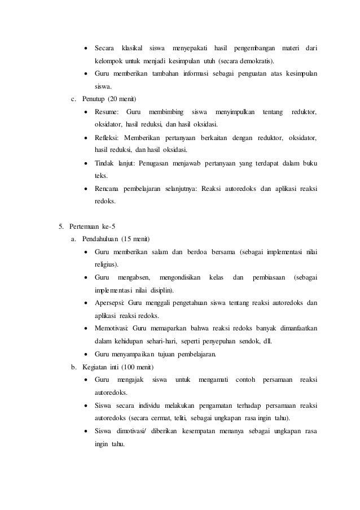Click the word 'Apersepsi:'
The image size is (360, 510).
tap(111, 303)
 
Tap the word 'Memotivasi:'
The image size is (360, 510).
tap(112, 328)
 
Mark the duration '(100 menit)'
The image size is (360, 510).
tap(142, 367)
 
